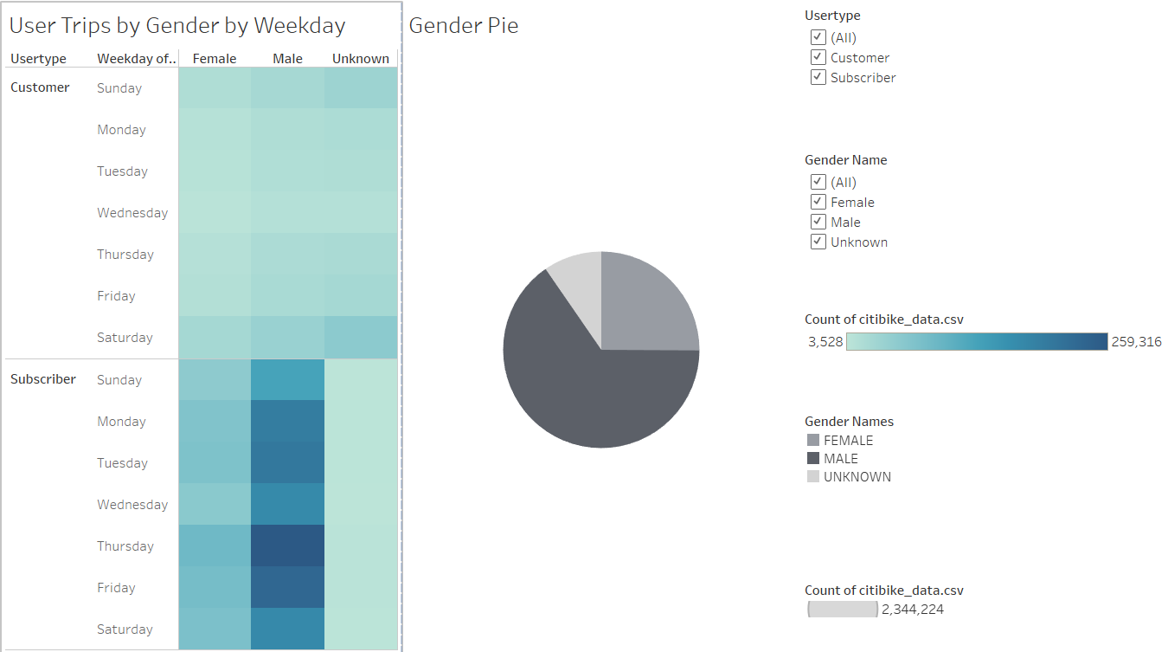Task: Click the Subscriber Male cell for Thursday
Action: coord(287,545)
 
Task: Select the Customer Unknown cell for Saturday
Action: coord(361,338)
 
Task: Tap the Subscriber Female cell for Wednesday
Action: coord(215,504)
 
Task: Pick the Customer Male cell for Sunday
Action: coord(287,88)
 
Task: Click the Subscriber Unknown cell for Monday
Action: coord(361,421)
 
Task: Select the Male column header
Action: coord(287,59)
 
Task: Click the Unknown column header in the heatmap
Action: coord(361,59)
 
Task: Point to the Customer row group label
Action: coord(40,87)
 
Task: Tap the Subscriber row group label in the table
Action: coord(43,379)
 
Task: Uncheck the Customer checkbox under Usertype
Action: coord(818,57)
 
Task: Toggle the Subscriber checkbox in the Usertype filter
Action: coord(818,77)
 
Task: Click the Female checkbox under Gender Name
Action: coord(818,202)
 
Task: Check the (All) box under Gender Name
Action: coord(818,182)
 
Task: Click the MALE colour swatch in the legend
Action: coord(812,459)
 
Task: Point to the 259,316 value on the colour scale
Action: coord(1137,342)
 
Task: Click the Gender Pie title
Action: coord(464,26)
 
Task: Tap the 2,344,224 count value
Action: coord(912,610)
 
